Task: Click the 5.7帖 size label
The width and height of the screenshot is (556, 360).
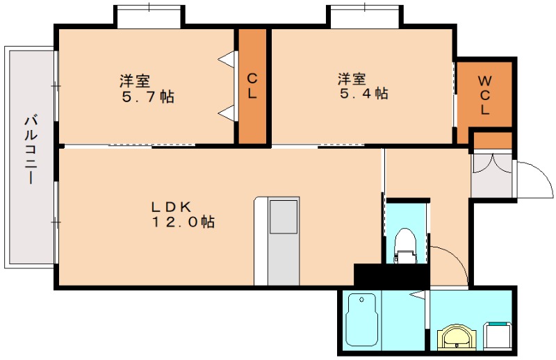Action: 145,96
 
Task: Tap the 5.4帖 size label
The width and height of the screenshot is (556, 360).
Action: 363,93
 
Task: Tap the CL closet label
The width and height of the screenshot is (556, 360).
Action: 252,86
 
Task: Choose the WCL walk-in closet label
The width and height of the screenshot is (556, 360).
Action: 484,95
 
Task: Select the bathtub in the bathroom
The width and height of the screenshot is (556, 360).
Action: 361,321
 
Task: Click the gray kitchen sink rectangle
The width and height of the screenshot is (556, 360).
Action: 284,218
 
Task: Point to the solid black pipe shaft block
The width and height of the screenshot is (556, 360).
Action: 390,274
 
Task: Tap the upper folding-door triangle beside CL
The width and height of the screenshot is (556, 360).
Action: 227,60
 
